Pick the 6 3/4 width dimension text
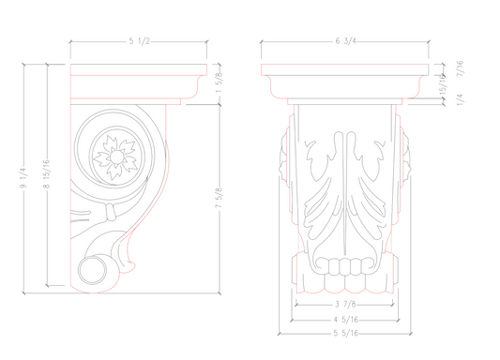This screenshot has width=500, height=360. coord(346,41)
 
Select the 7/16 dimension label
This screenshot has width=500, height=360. coord(461,74)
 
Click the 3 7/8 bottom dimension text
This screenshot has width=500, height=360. coord(346,304)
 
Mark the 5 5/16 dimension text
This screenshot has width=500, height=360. coord(346,333)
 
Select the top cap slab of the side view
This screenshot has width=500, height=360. coord(137,72)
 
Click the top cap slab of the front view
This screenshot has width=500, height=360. coord(346,72)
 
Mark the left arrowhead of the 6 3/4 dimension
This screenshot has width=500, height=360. coord(264,41)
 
